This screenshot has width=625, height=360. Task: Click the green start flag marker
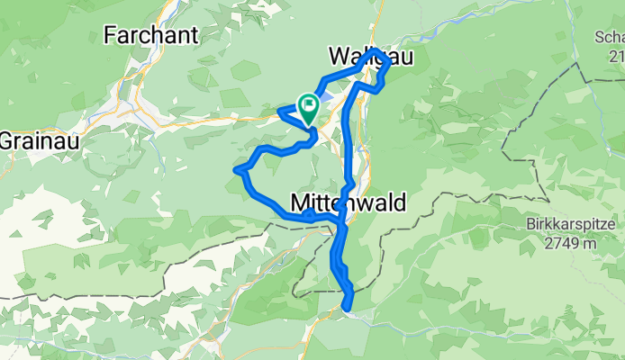tap(308, 109)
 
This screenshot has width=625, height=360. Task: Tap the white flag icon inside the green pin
tap(308, 104)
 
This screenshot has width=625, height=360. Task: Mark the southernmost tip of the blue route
tap(347, 311)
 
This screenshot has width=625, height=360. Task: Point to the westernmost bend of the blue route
tap(237, 168)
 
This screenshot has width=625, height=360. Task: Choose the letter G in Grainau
tap(5, 141)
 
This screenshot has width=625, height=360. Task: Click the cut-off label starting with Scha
tap(609, 37)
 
